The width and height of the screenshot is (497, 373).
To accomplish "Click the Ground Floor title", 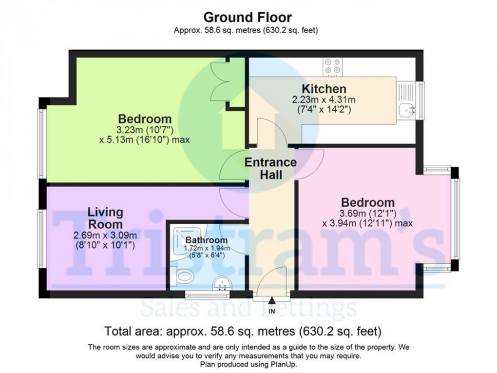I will pos(248,18).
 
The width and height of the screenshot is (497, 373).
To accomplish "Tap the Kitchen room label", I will pos(324,89).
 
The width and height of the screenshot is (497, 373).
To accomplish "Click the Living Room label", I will pos(105,218).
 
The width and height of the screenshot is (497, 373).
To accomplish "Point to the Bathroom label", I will pos(206,240).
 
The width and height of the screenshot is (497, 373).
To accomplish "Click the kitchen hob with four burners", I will pos(333,67).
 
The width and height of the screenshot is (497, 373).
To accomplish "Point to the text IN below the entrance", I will pos(271,311).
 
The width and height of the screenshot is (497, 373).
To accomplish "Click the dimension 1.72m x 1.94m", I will pos(206,248).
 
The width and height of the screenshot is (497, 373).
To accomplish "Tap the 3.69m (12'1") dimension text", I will pos(367,214).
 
